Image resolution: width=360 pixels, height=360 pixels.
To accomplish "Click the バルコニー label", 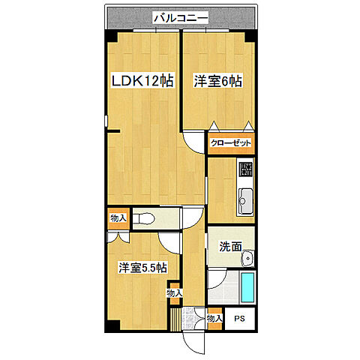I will click(x=179, y=16).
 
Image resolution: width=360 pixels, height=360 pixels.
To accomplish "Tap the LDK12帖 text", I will click(x=143, y=81).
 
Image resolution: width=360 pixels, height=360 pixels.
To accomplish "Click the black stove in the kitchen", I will click(x=246, y=169).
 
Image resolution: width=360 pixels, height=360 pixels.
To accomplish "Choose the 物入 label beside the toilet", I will click(x=118, y=218).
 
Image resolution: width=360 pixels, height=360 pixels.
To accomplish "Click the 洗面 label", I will click(x=229, y=246).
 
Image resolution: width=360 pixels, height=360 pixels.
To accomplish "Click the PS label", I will click(x=240, y=319).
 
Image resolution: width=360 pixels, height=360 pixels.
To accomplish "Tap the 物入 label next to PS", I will click(x=214, y=319).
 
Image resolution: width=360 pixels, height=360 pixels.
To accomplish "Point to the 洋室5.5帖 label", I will click(x=142, y=268).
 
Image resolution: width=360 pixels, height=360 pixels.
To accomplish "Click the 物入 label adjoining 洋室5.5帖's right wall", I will click(x=174, y=293).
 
